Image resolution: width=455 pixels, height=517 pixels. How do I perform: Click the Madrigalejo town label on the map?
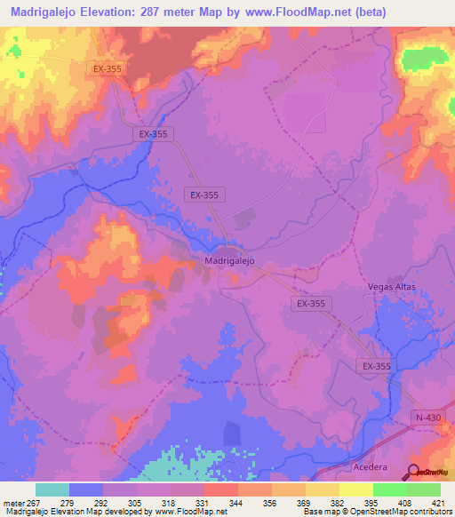coord(229,261)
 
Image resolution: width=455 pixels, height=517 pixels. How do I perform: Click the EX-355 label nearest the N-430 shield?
coord(377,366)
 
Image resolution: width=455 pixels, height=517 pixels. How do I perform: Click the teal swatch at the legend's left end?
coord(52,489)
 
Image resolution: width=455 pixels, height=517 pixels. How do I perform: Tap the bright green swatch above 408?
coord(389,489)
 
